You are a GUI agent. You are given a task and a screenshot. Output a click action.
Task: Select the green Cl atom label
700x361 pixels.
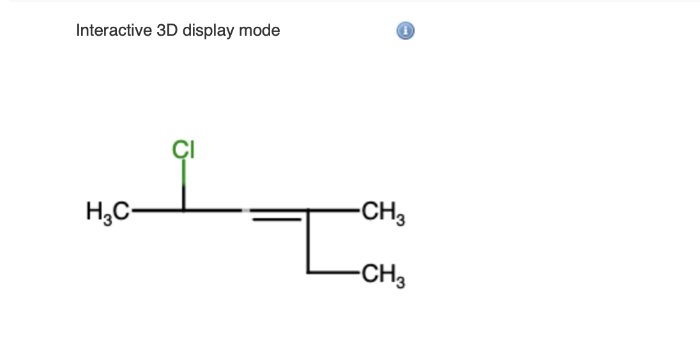point(184,151)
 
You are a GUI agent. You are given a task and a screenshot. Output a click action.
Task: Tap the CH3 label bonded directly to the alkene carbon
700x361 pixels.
point(383,210)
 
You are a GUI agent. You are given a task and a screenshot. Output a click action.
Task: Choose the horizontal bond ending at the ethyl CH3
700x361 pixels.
point(332,272)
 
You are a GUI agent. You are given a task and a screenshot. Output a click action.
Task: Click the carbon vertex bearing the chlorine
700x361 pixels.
point(184,209)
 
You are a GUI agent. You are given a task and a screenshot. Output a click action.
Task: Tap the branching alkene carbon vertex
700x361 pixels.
point(307,209)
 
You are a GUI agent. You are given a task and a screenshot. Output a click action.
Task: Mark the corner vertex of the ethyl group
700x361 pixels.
point(307,272)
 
